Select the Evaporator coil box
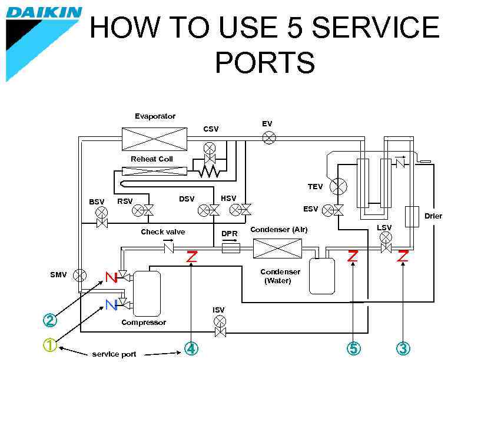[x=154, y=139]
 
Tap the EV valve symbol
[x=269, y=139]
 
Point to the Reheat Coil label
[x=151, y=159]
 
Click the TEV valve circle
[x=339, y=187]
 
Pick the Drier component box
[x=412, y=216]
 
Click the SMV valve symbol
[x=79, y=275]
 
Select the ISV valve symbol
[x=220, y=321]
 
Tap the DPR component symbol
[x=230, y=249]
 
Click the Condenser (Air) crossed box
[x=277, y=249]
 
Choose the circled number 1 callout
[x=50, y=345]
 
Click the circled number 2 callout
[x=50, y=320]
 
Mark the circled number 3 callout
[x=403, y=348]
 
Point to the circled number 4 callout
[x=191, y=348]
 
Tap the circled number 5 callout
[x=353, y=348]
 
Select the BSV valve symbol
[x=102, y=212]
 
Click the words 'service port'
[x=114, y=354]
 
